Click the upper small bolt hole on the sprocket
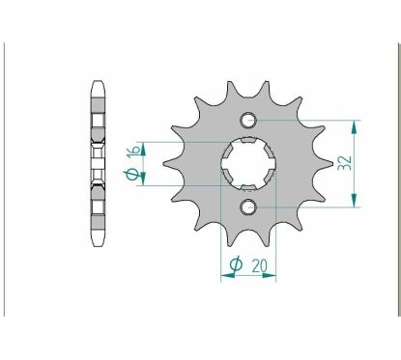coord(248,121)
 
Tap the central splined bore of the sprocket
coord(248,163)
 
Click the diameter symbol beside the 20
coord(234,263)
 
